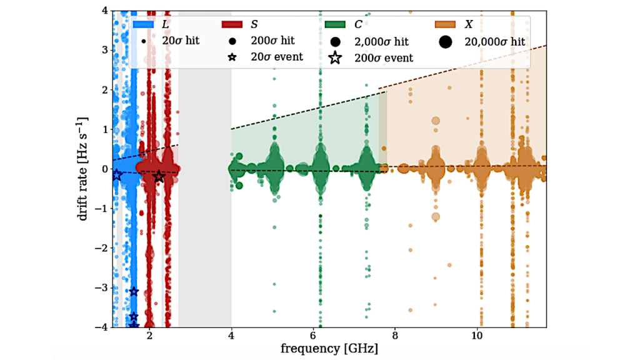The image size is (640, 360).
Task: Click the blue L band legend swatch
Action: [144, 26]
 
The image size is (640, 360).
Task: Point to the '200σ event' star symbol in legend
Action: [336, 58]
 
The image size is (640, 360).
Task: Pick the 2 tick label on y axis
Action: [103, 89]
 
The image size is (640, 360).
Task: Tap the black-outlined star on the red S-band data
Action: [159, 177]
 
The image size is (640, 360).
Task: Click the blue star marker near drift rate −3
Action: [134, 292]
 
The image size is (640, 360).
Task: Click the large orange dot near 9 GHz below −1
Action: [436, 216]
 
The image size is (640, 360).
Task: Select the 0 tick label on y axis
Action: [103, 169]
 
